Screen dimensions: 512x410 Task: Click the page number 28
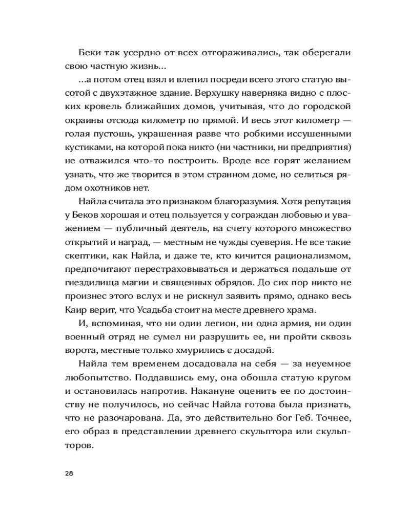point(69,473)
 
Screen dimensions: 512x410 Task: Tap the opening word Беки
point(90,53)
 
